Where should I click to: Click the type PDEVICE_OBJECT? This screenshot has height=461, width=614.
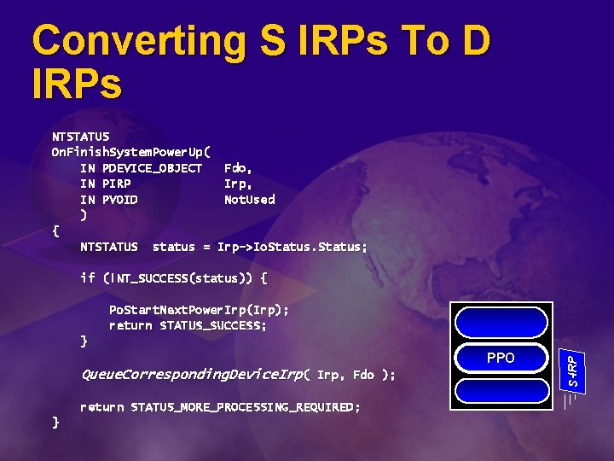[152, 167]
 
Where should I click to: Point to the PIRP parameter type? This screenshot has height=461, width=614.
[116, 184]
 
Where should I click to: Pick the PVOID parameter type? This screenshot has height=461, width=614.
[119, 200]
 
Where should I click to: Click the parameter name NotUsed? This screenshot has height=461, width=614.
[249, 200]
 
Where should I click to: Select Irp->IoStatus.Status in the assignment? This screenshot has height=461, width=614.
[293, 247]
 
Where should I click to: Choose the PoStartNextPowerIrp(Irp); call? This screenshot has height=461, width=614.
[199, 309]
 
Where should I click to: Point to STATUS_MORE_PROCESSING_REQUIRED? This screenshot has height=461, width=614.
[245, 407]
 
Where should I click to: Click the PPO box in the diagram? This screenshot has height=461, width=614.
[501, 358]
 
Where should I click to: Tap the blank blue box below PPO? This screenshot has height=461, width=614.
[501, 390]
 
